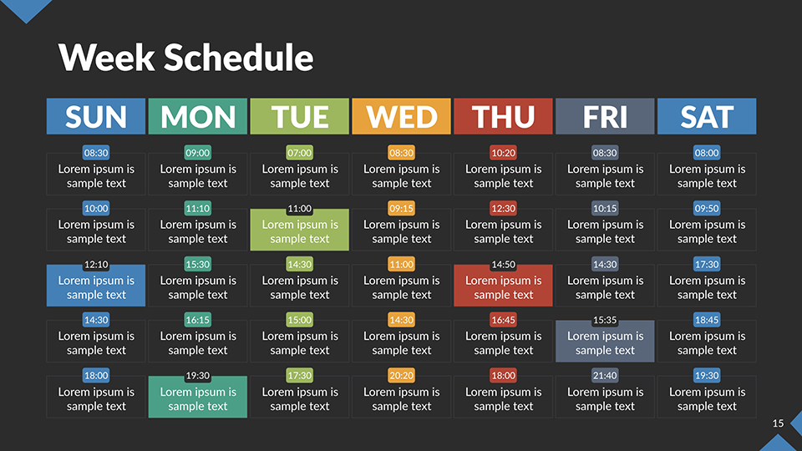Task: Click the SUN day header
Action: (96, 116)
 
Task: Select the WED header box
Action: (401, 116)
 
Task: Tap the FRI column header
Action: (605, 116)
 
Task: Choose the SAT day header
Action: (707, 116)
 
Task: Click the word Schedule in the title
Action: (238, 57)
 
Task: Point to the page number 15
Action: (778, 424)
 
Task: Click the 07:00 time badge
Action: (299, 153)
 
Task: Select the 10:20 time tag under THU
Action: (503, 153)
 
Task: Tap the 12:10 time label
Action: (96, 265)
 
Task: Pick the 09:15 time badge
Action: (401, 209)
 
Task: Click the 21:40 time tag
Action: (605, 376)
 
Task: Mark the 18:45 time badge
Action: (707, 320)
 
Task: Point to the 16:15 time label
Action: (198, 320)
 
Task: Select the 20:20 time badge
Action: (401, 376)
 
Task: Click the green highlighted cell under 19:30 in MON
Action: (198, 398)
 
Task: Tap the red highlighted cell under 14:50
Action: (503, 287)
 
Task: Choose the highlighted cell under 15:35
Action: (605, 342)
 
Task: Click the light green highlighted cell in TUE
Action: (299, 231)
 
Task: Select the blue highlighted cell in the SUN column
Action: (96, 287)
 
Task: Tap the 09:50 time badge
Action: (707, 209)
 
